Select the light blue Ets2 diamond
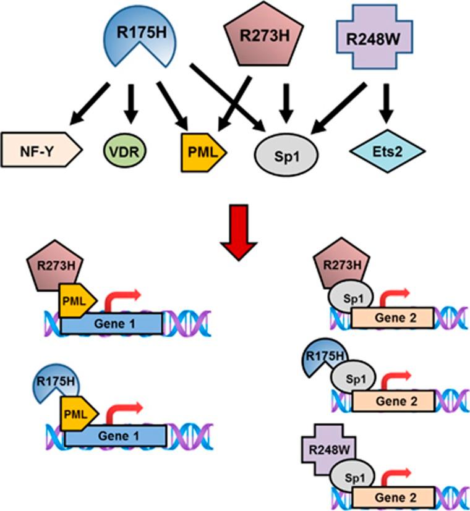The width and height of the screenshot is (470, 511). [388, 150]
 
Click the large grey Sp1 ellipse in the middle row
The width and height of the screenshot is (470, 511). [286, 151]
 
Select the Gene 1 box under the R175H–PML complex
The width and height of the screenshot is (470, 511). [115, 437]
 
